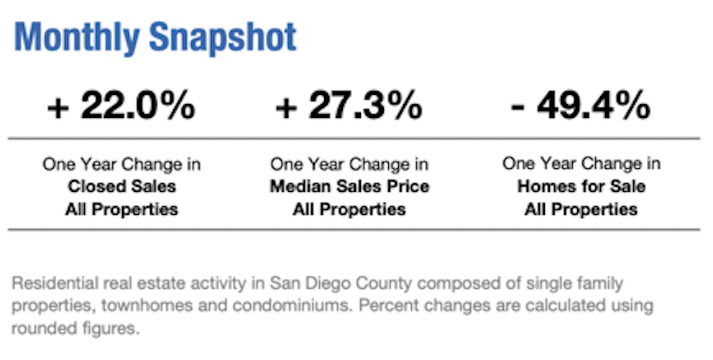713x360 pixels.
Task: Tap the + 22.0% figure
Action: (121, 106)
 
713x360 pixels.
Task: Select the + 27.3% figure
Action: (349, 106)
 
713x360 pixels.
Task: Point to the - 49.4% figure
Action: (581, 106)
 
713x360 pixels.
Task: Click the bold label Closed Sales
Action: (121, 187)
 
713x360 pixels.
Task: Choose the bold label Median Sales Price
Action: (349, 187)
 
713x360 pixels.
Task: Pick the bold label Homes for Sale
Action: (581, 187)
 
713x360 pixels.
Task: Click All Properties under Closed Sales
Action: (121, 210)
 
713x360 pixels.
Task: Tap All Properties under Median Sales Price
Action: (349, 210)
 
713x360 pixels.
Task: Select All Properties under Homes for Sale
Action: (581, 210)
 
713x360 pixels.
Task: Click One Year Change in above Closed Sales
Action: (121, 165)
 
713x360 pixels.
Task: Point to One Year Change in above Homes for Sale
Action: (581, 164)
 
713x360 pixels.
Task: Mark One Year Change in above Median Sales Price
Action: (349, 165)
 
